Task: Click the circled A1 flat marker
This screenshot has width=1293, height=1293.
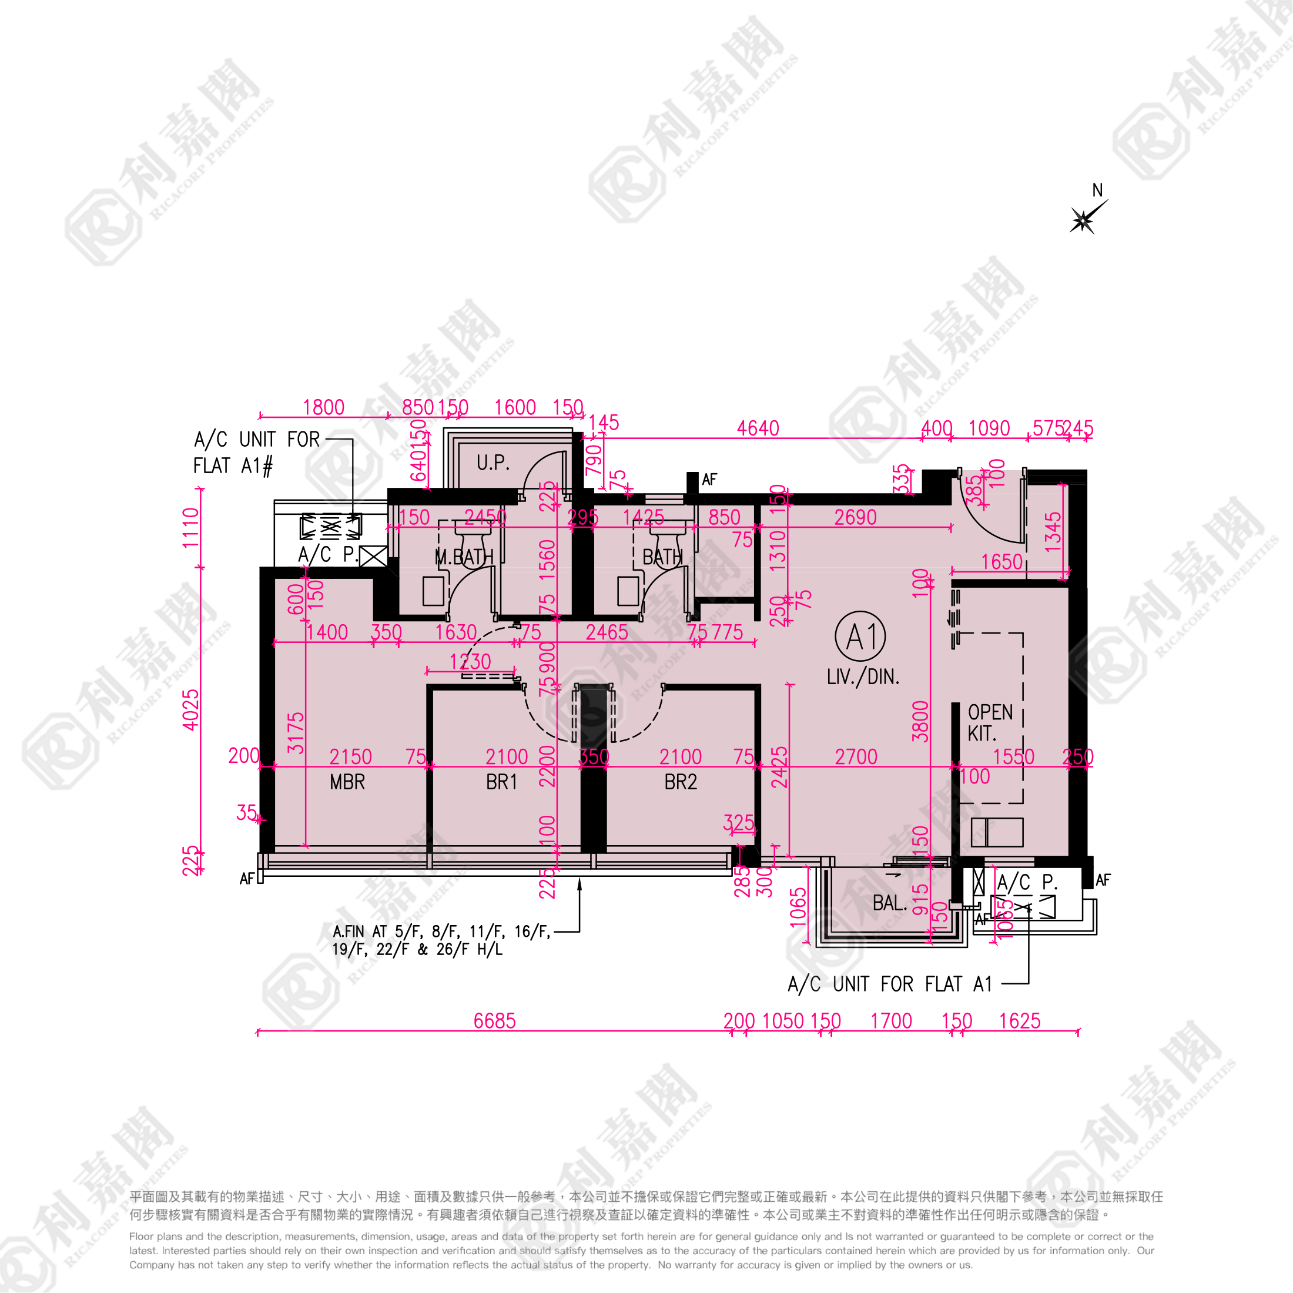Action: point(860,637)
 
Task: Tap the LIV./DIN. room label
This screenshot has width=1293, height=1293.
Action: point(863,676)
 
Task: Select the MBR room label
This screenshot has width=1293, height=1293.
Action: point(347,782)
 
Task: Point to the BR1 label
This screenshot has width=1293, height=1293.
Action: point(502,782)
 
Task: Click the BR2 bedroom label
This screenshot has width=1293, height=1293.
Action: point(681,782)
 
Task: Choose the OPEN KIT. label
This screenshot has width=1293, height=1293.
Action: point(990,723)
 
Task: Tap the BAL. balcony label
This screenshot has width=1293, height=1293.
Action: point(889,903)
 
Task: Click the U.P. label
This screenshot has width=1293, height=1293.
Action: point(493,463)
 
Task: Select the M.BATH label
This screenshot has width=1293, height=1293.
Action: point(464,557)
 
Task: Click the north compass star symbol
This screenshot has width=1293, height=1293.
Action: point(1083,219)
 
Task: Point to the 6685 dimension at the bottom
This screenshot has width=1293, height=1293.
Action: point(495,1021)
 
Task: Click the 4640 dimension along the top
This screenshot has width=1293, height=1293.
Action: point(758,428)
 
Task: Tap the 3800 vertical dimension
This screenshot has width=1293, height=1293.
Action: point(921,722)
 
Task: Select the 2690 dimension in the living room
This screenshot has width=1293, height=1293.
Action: point(855,517)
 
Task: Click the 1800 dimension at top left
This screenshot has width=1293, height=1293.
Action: point(323,407)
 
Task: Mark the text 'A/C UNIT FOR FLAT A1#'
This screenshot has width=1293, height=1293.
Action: point(256,453)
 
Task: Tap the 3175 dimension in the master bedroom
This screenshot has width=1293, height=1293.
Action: point(296,733)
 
